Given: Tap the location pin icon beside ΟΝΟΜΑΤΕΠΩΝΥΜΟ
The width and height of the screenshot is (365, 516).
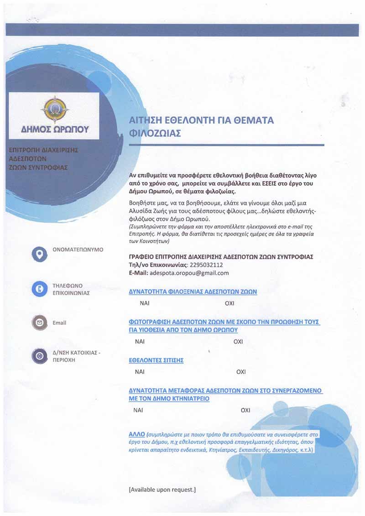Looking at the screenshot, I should [40, 254].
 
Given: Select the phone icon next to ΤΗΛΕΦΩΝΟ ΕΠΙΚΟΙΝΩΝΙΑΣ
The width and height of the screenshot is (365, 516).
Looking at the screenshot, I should [40, 289].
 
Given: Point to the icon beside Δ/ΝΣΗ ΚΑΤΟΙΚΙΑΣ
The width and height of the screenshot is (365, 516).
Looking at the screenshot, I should [40, 356].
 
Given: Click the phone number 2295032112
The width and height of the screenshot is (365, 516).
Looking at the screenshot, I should [207, 265].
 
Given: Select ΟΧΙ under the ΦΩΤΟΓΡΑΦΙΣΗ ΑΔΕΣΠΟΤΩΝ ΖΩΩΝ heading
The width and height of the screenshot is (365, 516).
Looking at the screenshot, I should [238, 341].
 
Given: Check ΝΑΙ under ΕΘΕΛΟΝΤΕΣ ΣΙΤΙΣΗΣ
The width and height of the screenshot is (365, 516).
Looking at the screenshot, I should [140, 372].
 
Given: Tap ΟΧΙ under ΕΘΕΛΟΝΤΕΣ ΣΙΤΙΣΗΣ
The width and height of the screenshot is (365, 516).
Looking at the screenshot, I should [241, 372].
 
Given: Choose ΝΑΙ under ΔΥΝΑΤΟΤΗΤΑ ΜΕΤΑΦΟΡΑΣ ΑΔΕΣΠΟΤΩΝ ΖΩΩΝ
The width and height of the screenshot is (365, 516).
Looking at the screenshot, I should [138, 410].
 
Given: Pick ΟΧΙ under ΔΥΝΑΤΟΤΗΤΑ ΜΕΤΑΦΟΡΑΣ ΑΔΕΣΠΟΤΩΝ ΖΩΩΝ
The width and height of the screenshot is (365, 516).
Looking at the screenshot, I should [245, 410].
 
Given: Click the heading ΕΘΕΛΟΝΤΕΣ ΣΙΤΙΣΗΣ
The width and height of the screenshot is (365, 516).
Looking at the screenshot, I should [156, 360].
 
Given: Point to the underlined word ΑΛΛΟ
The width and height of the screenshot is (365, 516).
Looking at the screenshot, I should [137, 432].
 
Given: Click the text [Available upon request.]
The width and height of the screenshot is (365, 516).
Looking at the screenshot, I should [162, 490].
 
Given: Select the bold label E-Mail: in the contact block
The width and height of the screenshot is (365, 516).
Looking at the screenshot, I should [139, 273].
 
